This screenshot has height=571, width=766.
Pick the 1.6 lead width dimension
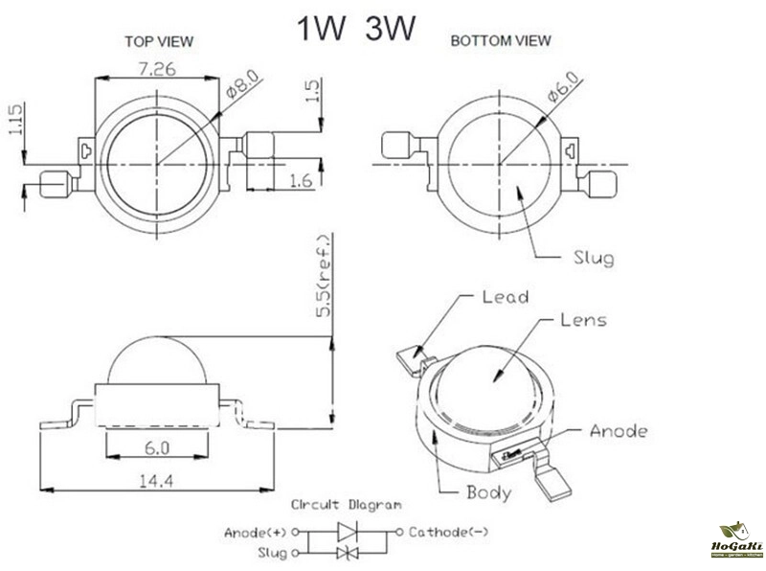pyautogui.click(x=299, y=178)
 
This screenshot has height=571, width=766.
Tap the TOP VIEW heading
pyautogui.click(x=159, y=41)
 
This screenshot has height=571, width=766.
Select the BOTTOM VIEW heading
pyautogui.click(x=500, y=40)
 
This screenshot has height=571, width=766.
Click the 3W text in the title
pyautogui.click(x=389, y=29)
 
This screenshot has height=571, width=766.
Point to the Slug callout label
pyautogui.click(x=593, y=257)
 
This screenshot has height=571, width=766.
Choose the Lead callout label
pyautogui.click(x=505, y=297)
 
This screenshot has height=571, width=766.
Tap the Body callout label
pyautogui.click(x=488, y=493)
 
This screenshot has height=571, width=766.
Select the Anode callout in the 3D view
pyautogui.click(x=619, y=431)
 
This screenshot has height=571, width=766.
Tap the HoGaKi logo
pyautogui.click(x=738, y=540)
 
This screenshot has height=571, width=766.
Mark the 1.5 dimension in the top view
pyautogui.click(x=312, y=91)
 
